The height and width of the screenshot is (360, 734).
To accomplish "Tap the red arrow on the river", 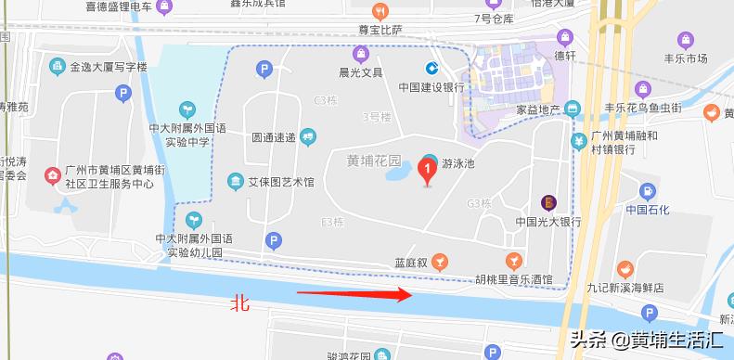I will coord(354,294).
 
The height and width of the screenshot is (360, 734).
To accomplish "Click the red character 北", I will coord(240,303).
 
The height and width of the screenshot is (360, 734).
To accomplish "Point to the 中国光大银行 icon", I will coord(548,201).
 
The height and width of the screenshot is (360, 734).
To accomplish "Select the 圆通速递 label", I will coord(274,136).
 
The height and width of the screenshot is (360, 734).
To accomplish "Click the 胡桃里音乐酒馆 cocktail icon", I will coord(509,259).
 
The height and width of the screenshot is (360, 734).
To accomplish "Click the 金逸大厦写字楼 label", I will coord(109,67).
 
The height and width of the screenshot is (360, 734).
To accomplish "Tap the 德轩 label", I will coord(565,56).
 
